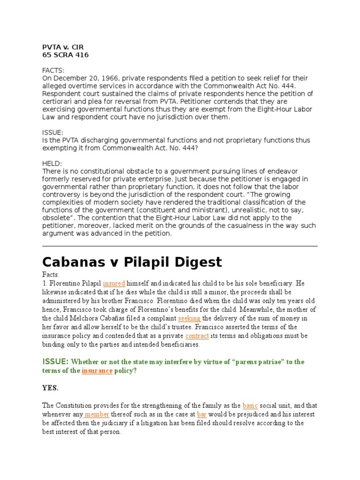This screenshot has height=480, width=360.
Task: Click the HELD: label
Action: tap(52, 163)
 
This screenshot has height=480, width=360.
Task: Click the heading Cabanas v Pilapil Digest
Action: tap(132, 262)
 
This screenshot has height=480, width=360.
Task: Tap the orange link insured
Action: tap(114, 284)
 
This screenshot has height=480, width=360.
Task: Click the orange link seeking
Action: tap(189, 318)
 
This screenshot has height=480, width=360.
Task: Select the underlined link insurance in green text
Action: tap(97, 370)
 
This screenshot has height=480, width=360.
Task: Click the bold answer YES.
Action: tap(51, 388)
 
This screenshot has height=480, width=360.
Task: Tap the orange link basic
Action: tap(250, 405)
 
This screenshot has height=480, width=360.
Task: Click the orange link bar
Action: tap(202, 414)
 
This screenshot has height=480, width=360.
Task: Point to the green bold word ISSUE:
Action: tap(56, 361)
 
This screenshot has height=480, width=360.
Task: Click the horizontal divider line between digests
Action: tap(180, 246)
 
